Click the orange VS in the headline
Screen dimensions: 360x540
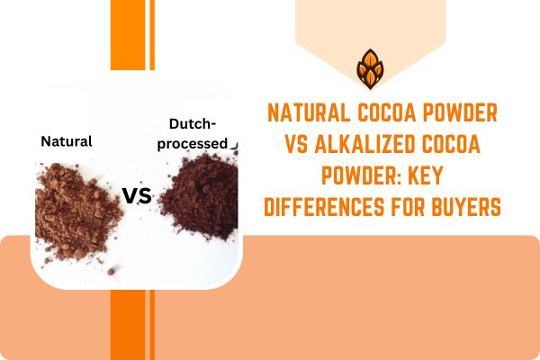295,146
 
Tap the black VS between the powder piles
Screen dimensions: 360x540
137,195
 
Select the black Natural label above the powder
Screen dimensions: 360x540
67,141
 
